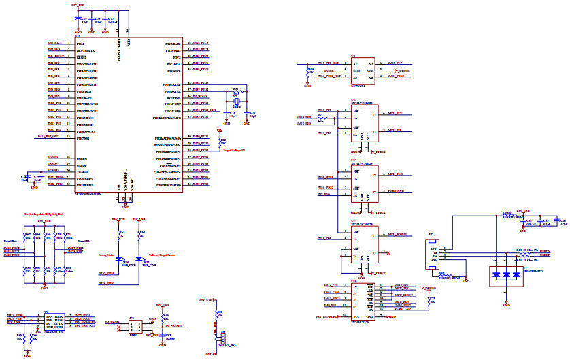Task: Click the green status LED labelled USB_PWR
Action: [x=120, y=260]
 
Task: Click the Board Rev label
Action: [x=11, y=240]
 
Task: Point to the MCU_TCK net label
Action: [x=395, y=113]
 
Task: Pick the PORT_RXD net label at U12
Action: [x=396, y=191]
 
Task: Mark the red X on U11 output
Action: [x=387, y=253]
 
